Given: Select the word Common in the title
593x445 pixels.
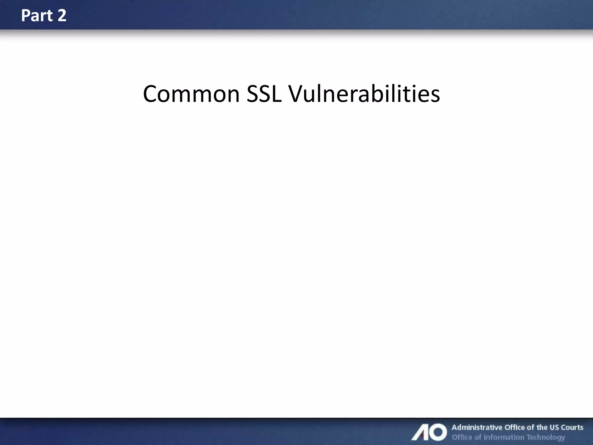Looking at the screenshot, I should coord(191,94).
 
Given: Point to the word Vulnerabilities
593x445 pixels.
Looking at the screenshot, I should coord(364,94).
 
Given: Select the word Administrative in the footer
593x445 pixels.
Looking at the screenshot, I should coord(477,427).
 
